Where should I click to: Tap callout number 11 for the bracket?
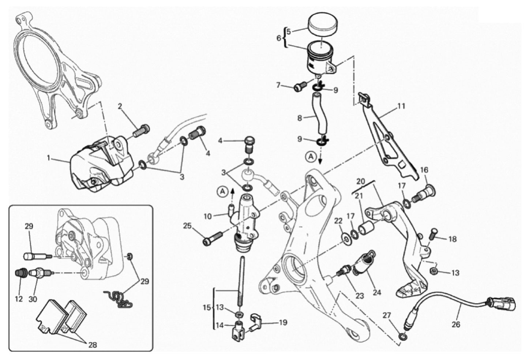click(x=401, y=106)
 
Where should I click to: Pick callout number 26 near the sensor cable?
click(x=456, y=324)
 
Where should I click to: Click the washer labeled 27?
click(x=403, y=335)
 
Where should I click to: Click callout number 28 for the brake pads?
click(x=93, y=345)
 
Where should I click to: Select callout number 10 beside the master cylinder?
click(x=208, y=216)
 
